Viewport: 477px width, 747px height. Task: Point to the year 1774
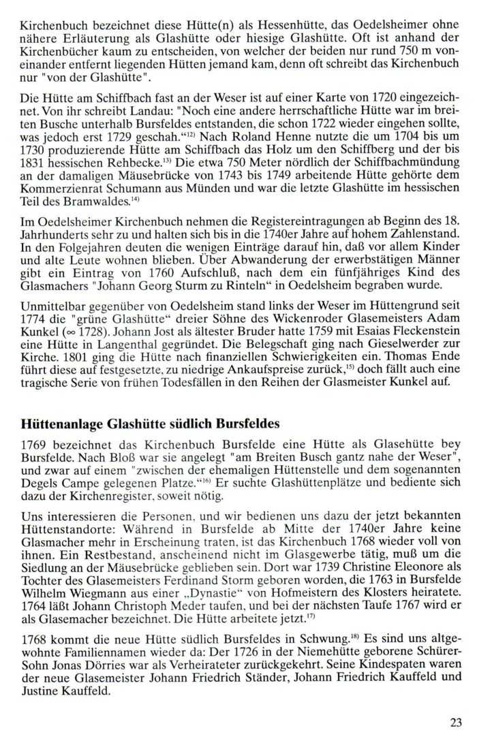34,336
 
